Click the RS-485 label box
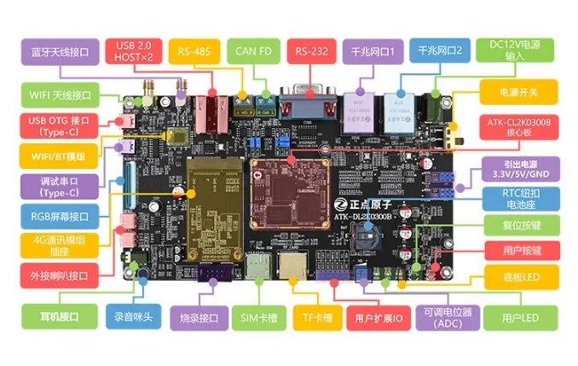[x=195, y=51]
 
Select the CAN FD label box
[x=254, y=51]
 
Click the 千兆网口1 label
[x=373, y=51]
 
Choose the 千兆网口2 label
[x=439, y=51]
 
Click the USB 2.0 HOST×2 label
[x=134, y=51]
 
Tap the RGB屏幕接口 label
[x=58, y=216]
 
